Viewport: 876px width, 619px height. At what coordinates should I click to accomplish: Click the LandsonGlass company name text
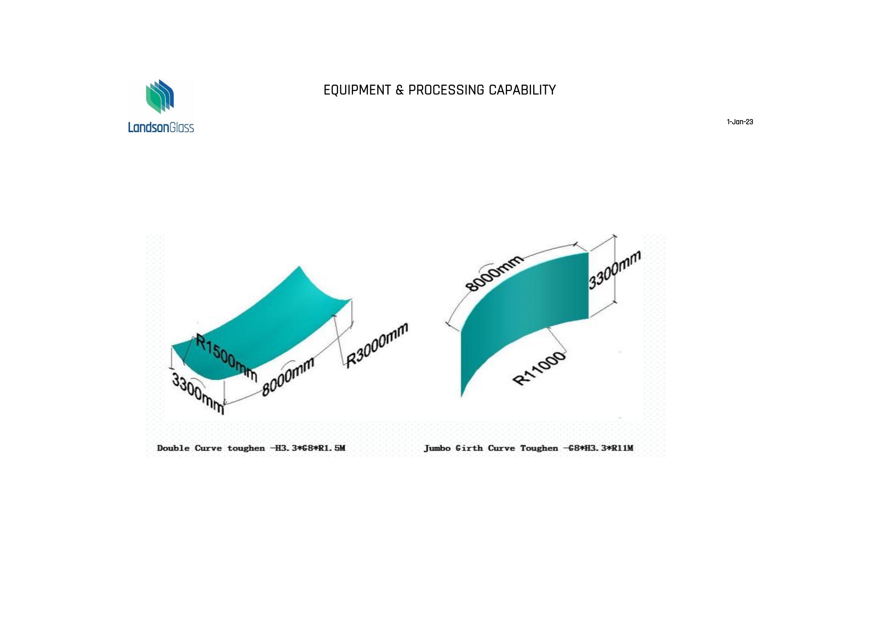pos(161,127)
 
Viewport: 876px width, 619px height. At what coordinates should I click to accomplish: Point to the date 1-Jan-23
pos(740,122)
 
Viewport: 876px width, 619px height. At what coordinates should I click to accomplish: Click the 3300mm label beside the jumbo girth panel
pos(614,270)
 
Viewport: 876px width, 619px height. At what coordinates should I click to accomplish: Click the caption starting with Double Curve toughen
pos(251,448)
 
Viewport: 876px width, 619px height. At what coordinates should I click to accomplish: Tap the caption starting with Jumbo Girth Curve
pos(528,448)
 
